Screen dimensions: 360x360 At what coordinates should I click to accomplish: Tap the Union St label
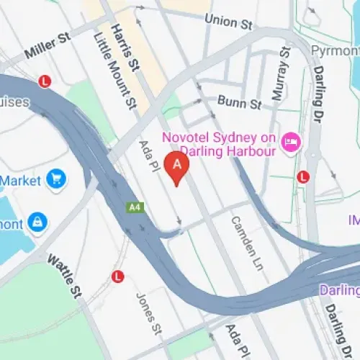pos(228,22)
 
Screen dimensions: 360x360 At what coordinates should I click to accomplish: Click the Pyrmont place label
pos(334,50)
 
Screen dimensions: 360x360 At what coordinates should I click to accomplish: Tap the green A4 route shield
pos(133,207)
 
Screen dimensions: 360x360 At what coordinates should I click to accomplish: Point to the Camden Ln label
pos(244,241)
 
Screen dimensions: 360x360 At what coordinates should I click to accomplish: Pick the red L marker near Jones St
pos(118,276)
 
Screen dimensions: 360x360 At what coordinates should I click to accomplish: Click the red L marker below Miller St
pos(46,81)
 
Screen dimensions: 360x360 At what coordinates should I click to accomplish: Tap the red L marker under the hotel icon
pos(303,176)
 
